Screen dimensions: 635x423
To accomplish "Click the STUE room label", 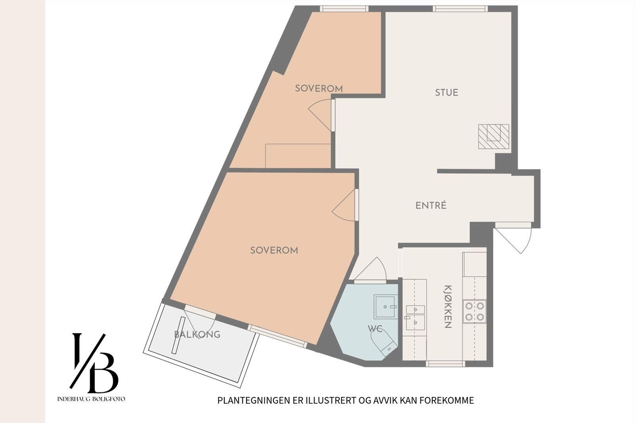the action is point(446,92).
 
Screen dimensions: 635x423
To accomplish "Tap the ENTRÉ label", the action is point(431,205).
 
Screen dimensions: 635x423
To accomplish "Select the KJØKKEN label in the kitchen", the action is point(448,306).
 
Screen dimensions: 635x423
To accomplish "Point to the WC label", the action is point(375,329).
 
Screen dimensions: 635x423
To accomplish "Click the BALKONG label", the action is point(197,335).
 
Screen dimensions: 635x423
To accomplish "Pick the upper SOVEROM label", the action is point(319,88).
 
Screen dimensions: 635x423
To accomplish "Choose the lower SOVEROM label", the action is point(274,250).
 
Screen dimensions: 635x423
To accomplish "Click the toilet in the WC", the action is point(384,344).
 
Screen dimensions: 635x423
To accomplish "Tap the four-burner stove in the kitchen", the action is point(475,311).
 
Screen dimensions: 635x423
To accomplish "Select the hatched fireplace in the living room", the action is point(494,137).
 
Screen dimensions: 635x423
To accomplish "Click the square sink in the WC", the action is point(385,306).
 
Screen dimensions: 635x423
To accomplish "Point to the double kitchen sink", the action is point(415,317).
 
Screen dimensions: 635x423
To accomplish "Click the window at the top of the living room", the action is point(460,9).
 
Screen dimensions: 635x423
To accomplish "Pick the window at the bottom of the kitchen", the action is point(445,363).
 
